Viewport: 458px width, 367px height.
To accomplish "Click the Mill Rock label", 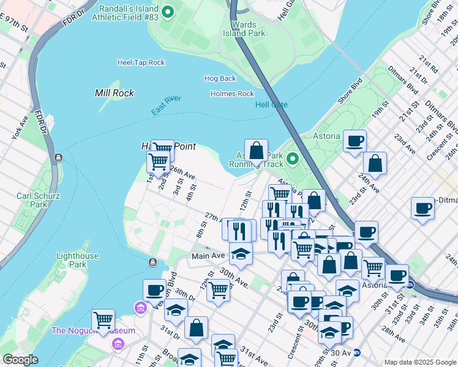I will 114,93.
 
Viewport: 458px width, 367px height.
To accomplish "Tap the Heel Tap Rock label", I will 141,62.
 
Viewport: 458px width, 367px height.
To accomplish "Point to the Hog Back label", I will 220,78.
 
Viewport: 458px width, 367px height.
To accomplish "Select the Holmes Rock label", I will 232,94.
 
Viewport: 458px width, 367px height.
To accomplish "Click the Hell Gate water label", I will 271,105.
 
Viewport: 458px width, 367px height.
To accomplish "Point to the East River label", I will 167,105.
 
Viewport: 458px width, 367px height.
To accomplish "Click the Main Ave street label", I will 208,256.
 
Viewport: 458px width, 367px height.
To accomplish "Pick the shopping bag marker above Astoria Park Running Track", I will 256,150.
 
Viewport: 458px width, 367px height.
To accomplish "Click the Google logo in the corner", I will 20,360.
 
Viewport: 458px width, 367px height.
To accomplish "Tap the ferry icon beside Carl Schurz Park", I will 58,157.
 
